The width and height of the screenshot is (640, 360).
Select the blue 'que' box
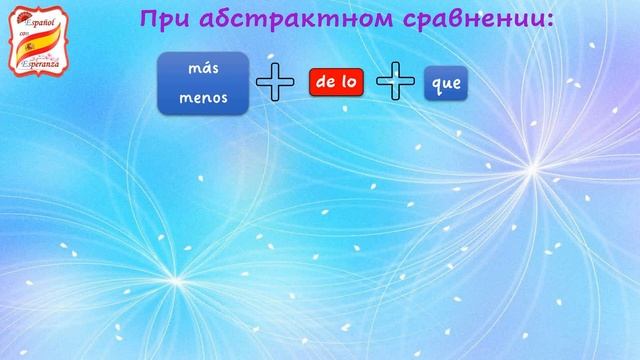443,84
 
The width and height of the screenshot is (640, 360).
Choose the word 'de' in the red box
324,84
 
